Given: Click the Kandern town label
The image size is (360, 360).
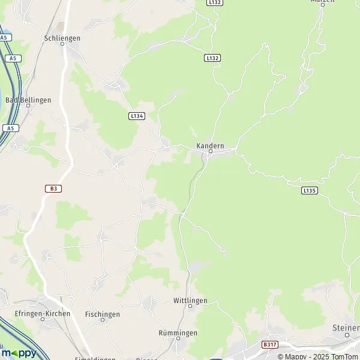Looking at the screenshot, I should (x=209, y=146).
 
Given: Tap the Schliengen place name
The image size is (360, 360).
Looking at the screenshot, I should (x=62, y=37).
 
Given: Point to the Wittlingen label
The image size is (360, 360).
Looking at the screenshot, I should (x=190, y=300).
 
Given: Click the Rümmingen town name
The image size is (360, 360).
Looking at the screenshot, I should (x=178, y=332).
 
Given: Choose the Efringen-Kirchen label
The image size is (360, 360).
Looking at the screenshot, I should (x=43, y=313).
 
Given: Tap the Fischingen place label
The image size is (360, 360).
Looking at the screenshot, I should (x=103, y=314).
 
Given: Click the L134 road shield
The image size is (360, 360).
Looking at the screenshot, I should (x=137, y=116).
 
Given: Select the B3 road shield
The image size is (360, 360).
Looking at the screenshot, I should (x=53, y=188).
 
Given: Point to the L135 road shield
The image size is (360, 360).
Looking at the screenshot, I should (x=308, y=190).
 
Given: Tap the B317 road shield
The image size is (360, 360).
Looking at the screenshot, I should (x=270, y=344).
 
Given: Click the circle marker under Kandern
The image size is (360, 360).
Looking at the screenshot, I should (x=209, y=152).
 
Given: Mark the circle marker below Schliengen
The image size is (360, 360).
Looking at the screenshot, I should (x=62, y=44).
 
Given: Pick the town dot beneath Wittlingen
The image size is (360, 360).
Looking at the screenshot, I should (x=190, y=306).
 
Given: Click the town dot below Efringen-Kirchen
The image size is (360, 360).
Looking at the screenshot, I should (x=43, y=319).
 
